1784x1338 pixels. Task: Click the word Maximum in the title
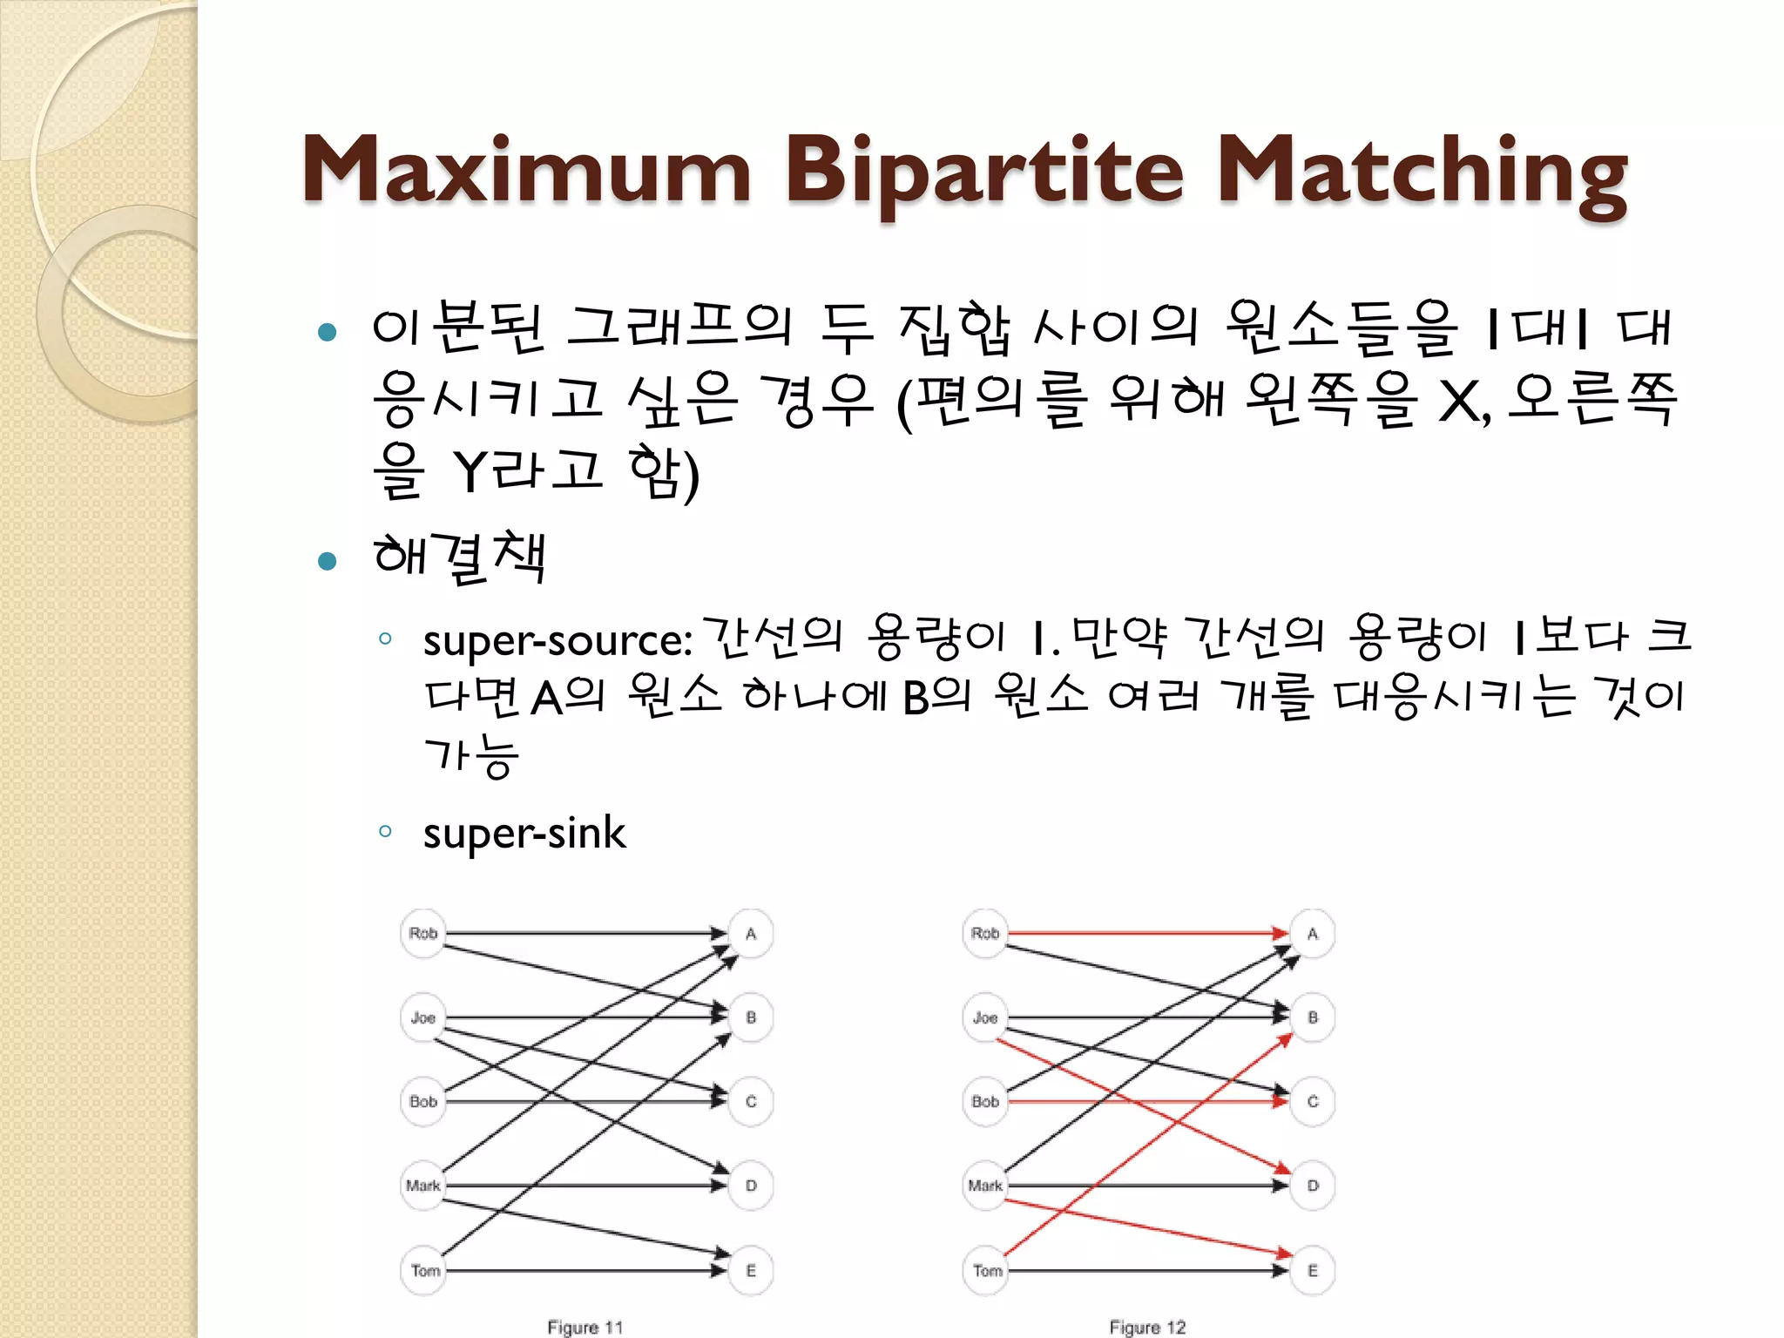pos(526,171)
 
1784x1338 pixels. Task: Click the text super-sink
pos(524,834)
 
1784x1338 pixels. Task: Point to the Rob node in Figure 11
pos(423,934)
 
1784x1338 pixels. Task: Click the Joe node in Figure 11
pos(423,1017)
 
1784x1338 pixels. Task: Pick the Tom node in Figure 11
pos(425,1271)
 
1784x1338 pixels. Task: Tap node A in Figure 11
pos(751,934)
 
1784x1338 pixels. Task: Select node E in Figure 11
pos(751,1271)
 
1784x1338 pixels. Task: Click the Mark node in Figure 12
pos(985,1186)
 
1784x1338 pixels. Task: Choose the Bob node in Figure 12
pos(985,1102)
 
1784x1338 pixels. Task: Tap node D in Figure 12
pos(1313,1186)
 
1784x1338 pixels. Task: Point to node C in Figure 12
pos(1313,1102)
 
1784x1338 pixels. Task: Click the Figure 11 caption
pos(585,1327)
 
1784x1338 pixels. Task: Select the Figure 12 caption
pos(1147,1327)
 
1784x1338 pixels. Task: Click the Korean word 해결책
pos(459,557)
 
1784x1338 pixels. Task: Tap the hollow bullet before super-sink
pos(386,831)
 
